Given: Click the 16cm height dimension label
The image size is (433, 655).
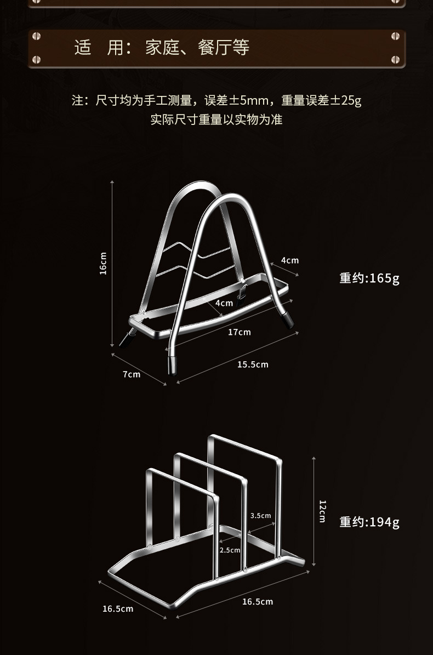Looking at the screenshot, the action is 103,263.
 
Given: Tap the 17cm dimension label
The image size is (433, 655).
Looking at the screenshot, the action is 240,332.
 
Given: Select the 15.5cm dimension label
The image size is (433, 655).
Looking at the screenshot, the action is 253,364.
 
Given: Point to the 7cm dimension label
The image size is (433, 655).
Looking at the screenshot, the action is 132,374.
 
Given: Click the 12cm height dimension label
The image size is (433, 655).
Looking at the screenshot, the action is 322,511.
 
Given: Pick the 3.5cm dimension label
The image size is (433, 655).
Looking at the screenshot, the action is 260,515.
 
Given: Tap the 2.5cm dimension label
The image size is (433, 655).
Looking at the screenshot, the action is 230,550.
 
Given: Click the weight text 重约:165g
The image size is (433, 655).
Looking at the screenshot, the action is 369,278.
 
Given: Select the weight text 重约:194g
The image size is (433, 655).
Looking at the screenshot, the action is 369,522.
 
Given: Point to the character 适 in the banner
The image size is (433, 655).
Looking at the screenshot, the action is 83,48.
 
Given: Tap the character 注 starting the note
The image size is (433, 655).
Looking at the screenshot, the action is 78,101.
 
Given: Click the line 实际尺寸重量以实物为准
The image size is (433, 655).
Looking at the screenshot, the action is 216,119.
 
